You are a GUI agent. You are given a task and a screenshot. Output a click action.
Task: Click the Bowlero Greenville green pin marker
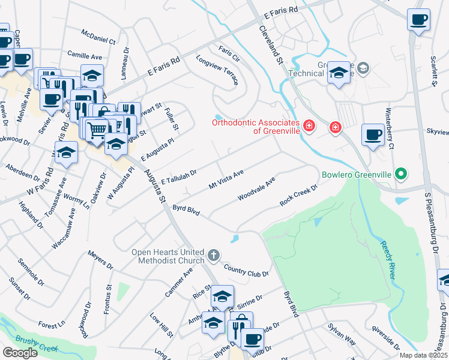(x=401, y=175)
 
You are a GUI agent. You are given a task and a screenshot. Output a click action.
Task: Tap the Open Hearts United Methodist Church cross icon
(x=212, y=256)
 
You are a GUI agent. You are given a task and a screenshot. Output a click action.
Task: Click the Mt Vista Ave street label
(x=226, y=178)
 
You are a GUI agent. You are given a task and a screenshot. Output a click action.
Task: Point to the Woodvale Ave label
(x=256, y=188)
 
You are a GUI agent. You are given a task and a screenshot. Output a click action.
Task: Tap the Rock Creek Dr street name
(x=298, y=196)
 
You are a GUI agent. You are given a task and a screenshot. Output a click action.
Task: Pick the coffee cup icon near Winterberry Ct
(x=373, y=134)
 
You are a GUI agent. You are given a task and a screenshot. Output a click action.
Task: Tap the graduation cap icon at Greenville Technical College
(x=339, y=74)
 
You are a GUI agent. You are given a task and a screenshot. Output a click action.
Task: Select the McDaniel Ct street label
(x=98, y=38)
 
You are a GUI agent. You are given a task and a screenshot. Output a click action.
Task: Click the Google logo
(x=20, y=352)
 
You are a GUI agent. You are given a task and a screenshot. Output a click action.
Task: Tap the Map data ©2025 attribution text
(x=423, y=355)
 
